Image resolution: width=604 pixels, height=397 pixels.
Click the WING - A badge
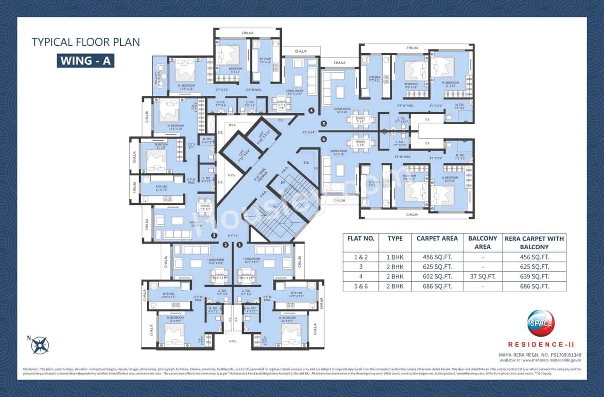coord(85,60)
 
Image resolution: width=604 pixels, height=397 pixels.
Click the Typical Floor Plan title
coord(85,42)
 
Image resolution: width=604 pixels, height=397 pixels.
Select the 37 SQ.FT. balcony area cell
coord(482,277)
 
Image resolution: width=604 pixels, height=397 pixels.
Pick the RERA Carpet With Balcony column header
coord(534,243)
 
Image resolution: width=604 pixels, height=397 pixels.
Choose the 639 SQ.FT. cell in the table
coord(534,277)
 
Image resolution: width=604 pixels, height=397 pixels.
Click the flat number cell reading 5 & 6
coord(361,286)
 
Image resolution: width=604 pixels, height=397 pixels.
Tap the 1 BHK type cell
coord(395,258)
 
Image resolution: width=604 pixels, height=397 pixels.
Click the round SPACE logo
coord(541,323)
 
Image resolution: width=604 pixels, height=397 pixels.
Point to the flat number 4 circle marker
coord(311,111)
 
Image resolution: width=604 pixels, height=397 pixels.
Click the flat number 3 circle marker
coord(214,236)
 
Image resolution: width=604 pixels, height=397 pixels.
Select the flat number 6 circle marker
coord(323,139)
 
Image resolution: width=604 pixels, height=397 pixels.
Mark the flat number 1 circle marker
coord(239,245)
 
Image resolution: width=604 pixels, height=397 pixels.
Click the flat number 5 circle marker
coord(323,124)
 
